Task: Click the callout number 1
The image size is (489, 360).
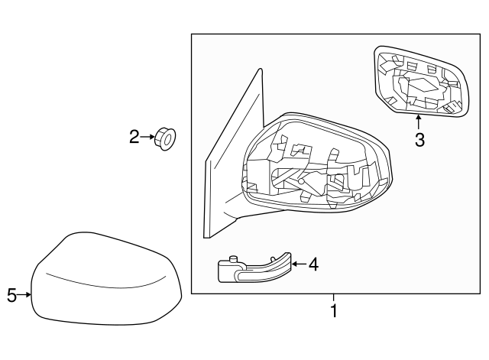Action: click(333, 311)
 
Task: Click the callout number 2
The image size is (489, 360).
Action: click(134, 137)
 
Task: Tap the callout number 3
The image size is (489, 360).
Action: click(419, 140)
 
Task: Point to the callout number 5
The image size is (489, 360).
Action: click(11, 294)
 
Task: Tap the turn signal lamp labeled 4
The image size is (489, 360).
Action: click(251, 268)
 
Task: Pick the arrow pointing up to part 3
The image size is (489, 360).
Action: click(419, 122)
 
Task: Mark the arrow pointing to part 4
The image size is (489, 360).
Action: click(297, 264)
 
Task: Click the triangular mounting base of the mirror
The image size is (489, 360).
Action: click(225, 168)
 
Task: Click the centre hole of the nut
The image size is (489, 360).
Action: click(169, 139)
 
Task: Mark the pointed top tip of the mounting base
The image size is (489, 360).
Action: click(259, 70)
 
